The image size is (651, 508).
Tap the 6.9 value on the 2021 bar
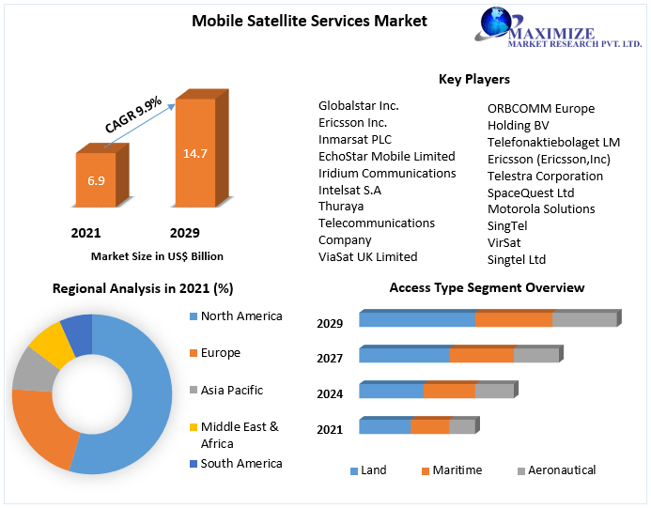point(96,180)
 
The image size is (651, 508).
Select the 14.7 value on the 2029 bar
point(194,153)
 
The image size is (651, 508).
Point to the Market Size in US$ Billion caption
point(157,255)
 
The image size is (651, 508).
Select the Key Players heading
point(473,79)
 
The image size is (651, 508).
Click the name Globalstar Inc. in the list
point(358,106)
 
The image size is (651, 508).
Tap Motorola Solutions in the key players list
point(540,208)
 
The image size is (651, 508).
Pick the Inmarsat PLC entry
point(354,140)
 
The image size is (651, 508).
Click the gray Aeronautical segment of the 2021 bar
point(461,427)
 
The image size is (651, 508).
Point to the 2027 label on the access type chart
point(330,358)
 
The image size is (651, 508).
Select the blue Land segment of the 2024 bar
point(391,392)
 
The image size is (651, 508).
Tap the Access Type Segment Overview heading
point(487,287)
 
